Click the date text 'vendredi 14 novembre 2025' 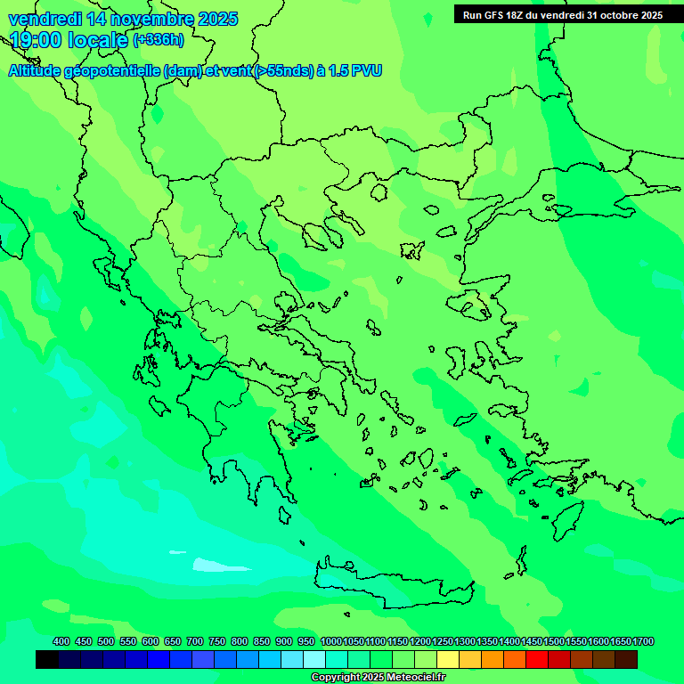pyautogui.click(x=123, y=19)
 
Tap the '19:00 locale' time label pyautogui.click(x=69, y=40)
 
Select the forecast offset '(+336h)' pyautogui.click(x=159, y=40)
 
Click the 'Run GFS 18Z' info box pyautogui.click(x=562, y=15)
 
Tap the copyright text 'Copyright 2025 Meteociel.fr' pyautogui.click(x=378, y=678)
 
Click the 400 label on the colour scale pyautogui.click(x=61, y=642)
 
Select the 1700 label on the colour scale pyautogui.click(x=644, y=642)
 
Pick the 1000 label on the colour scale pyautogui.click(x=331, y=642)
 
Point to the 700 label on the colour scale pyautogui.click(x=195, y=642)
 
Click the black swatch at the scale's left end pyautogui.click(x=47, y=660)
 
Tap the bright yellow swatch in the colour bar pyautogui.click(x=448, y=660)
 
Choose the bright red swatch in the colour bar pyautogui.click(x=537, y=660)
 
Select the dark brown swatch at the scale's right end pyautogui.click(x=626, y=660)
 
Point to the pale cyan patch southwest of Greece pyautogui.click(x=210, y=565)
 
